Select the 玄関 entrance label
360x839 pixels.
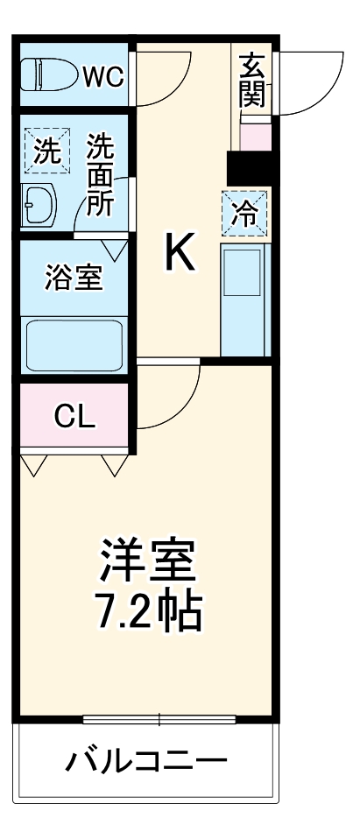pos(251,81)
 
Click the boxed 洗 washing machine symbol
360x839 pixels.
pos(47,151)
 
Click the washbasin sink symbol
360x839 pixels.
pos(39,204)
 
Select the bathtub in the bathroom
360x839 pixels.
pos(74,345)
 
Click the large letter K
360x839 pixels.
pos(180,255)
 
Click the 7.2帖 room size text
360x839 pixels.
pos(146,614)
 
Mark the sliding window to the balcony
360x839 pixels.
pos(159,721)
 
